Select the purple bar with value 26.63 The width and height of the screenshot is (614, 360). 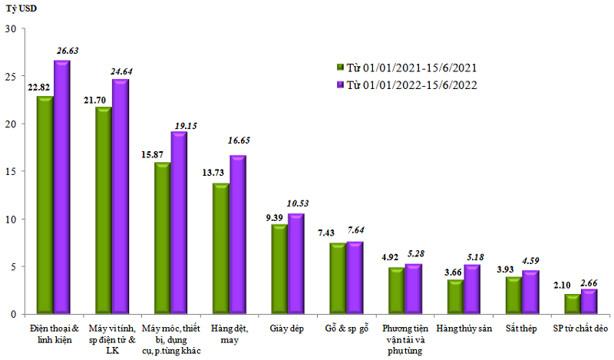[x=62, y=187]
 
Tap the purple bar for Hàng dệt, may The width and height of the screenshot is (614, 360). [x=238, y=235]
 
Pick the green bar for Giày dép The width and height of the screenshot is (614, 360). [x=279, y=269]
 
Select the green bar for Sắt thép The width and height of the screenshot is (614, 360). [x=514, y=296]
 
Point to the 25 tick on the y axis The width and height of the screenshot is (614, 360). [x=12, y=77]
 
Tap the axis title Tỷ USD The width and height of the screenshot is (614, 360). [x=21, y=9]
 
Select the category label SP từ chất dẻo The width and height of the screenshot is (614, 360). [x=581, y=328]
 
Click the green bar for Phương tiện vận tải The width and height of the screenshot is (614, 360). [x=396, y=291]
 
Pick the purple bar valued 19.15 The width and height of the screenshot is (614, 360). [x=179, y=223]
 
